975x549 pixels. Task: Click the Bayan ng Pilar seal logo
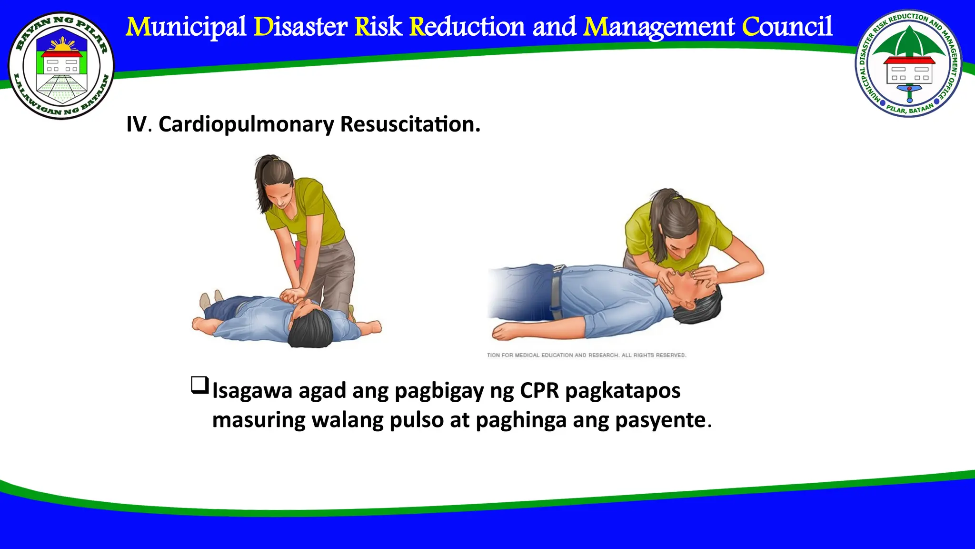coord(61,66)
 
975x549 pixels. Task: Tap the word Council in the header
coord(787,27)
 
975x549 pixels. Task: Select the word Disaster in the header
coord(300,27)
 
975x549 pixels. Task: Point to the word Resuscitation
coord(410,124)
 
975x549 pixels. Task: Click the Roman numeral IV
coord(136,124)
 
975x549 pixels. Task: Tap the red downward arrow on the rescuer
coord(298,255)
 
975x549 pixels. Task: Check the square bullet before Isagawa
coord(199,385)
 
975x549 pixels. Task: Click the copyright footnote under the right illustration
coord(586,355)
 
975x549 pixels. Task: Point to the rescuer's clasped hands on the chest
coord(291,295)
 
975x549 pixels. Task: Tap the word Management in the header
coord(659,27)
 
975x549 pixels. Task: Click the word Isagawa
coord(252,391)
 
